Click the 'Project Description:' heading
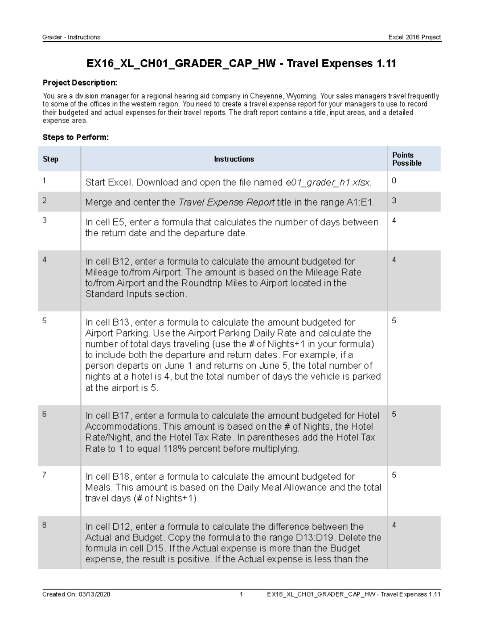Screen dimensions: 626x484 80,83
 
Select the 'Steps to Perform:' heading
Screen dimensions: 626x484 75,137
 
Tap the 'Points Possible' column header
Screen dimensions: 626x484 407,159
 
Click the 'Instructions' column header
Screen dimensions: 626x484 234,159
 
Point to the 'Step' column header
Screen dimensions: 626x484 50,159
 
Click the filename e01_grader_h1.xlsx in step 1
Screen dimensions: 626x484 328,183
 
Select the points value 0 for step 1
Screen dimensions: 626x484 394,181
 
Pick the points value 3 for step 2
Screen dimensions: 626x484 394,200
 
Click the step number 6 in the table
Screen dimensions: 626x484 44,414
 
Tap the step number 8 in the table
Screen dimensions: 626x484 44,525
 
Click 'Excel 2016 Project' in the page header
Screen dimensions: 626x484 414,37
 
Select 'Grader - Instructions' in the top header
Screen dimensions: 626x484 71,37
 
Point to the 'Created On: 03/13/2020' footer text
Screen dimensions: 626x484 76,594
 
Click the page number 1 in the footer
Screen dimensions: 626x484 241,594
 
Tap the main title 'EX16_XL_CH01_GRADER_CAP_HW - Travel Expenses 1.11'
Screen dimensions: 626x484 241,63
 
